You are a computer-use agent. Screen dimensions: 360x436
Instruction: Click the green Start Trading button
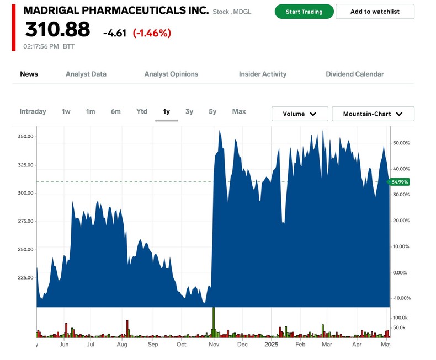point(304,12)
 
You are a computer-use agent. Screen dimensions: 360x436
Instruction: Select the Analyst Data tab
point(86,74)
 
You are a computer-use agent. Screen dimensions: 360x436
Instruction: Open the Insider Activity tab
point(262,74)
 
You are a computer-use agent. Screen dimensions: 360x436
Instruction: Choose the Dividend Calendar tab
point(354,74)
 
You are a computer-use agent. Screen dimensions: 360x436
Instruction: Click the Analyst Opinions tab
point(171,74)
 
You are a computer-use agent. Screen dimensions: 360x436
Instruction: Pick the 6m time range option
point(115,111)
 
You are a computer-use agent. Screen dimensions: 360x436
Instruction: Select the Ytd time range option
point(142,111)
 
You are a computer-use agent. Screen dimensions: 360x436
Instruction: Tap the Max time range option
point(239,111)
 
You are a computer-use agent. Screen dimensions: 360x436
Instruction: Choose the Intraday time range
point(33,111)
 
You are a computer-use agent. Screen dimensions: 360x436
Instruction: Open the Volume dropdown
point(300,114)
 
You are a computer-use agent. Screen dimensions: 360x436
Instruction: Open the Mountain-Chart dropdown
point(373,114)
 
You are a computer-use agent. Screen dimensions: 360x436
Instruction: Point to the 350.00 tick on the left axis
point(25,137)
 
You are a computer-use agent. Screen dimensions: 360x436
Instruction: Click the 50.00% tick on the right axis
point(401,143)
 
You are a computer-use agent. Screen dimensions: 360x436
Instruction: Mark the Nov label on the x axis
point(214,345)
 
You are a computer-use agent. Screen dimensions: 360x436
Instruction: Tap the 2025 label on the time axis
point(271,345)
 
